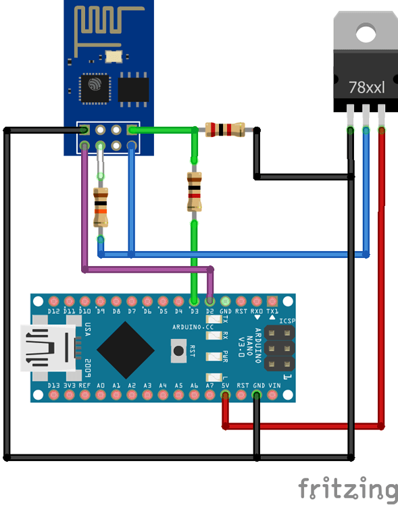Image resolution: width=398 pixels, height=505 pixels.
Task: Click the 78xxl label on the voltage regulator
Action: point(366,87)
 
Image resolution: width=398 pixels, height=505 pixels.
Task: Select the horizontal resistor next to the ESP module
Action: point(226,130)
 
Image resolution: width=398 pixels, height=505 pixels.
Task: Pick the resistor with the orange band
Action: point(101,207)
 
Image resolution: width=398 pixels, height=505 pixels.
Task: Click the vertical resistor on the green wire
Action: point(194,191)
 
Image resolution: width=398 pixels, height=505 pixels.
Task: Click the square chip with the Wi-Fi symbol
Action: point(93,87)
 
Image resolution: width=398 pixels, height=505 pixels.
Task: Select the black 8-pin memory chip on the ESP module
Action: point(133,88)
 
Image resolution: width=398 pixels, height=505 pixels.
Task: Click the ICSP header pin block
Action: point(279,349)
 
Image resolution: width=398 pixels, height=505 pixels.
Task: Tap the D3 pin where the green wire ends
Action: point(195,300)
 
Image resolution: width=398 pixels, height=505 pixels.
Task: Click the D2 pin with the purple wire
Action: point(210,300)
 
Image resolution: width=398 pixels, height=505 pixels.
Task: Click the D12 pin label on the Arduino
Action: point(54,312)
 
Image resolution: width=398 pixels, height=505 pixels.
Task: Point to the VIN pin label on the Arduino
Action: point(274,385)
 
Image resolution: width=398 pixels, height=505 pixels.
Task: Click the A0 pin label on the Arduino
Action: point(101,385)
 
